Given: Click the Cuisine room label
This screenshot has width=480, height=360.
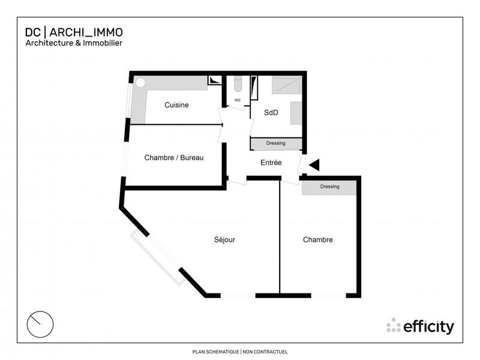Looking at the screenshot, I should [176, 105].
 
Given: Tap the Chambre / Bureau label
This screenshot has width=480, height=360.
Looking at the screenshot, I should [174, 158].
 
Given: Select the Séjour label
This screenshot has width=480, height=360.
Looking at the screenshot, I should [224, 240].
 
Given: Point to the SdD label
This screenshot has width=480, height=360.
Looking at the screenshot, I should [271, 112].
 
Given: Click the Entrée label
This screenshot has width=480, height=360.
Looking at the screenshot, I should [271, 163].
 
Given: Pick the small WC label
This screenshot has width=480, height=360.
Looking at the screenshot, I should [238, 100].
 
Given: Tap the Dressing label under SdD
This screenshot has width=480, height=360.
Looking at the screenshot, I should [275, 143].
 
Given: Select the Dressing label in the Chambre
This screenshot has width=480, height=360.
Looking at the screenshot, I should [329, 187].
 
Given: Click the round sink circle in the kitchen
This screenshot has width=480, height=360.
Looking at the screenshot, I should [140, 83].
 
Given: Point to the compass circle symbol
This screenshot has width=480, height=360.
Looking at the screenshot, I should [40, 324].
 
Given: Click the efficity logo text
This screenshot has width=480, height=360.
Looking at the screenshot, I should [428, 326].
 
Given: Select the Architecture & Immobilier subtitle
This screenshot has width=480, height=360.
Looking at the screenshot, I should [74, 43].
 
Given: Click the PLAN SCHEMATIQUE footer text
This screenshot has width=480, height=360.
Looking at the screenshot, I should [215, 352].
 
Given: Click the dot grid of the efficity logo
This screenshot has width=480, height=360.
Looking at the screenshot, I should [394, 325].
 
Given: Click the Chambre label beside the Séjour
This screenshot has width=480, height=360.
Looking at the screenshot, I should [317, 240].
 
